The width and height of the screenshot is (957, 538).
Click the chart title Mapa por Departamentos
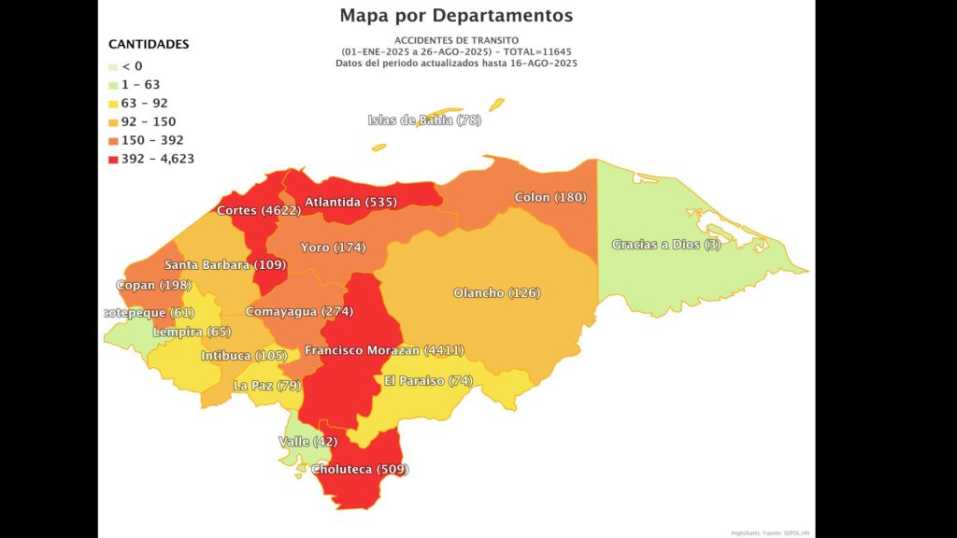[x=456, y=16]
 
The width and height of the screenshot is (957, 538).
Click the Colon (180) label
[x=550, y=198]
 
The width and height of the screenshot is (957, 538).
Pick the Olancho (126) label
[x=496, y=293]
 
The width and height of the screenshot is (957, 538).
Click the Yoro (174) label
[x=332, y=248]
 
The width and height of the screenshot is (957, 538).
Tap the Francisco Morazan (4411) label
[x=384, y=350]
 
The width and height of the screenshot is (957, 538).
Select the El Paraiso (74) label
[x=428, y=381]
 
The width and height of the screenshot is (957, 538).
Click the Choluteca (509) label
[x=360, y=469]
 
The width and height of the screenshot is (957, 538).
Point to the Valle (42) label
[x=307, y=441]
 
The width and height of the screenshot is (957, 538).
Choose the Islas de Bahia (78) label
[x=424, y=120]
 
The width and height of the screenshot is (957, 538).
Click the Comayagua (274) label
[x=298, y=311]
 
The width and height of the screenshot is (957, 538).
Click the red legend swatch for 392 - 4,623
[x=113, y=159]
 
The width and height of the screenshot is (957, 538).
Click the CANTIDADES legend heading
[x=149, y=44]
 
